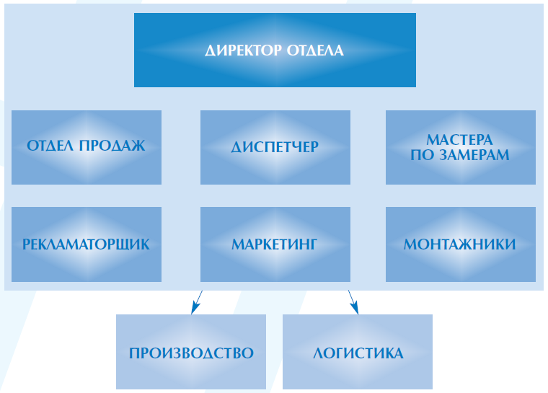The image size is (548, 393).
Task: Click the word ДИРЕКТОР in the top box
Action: click(243, 50)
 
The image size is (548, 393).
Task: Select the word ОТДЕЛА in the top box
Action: click(315, 50)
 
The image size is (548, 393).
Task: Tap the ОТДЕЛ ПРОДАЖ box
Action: click(87, 147)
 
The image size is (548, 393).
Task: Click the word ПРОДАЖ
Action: click(112, 146)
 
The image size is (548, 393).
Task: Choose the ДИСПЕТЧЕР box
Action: click(275, 147)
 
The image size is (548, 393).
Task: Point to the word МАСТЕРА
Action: click(459, 140)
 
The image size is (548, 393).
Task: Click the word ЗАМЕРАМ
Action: click(474, 155)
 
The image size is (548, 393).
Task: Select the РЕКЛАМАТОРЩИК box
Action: click(87, 244)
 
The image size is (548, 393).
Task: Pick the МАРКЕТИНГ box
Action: click(275, 244)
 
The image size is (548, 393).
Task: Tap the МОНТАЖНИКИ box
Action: click(461, 244)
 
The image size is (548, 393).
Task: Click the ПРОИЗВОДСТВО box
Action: click(191, 352)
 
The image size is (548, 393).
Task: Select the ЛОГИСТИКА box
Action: click(358, 352)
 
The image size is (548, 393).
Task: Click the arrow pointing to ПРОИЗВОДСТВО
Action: click(197, 302)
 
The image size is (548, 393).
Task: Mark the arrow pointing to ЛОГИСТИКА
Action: click(353, 302)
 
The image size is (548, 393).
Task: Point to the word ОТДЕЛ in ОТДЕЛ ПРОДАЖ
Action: click(50, 146)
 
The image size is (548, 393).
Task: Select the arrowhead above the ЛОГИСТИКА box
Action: click(355, 309)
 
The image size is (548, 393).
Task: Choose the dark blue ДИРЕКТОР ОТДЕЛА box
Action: click(275, 50)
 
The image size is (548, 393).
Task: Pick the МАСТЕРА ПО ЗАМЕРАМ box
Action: click(461, 147)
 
